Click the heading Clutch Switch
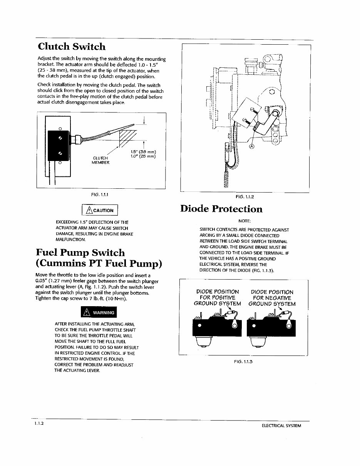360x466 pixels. pos(72,47)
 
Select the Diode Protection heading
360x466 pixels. pos(221,209)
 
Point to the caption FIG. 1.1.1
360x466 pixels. pos(100,195)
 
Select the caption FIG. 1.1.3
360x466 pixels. pos(243,362)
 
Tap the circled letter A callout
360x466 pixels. pos(252,146)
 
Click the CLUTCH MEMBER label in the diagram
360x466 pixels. pos(100,160)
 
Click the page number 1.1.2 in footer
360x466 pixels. pos(39,423)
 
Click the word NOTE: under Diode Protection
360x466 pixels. pos(244,221)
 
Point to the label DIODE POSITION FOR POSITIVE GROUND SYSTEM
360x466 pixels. pos(217,298)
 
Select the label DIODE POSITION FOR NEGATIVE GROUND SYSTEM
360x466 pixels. pos(272,298)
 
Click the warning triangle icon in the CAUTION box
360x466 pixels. pos(89,210)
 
